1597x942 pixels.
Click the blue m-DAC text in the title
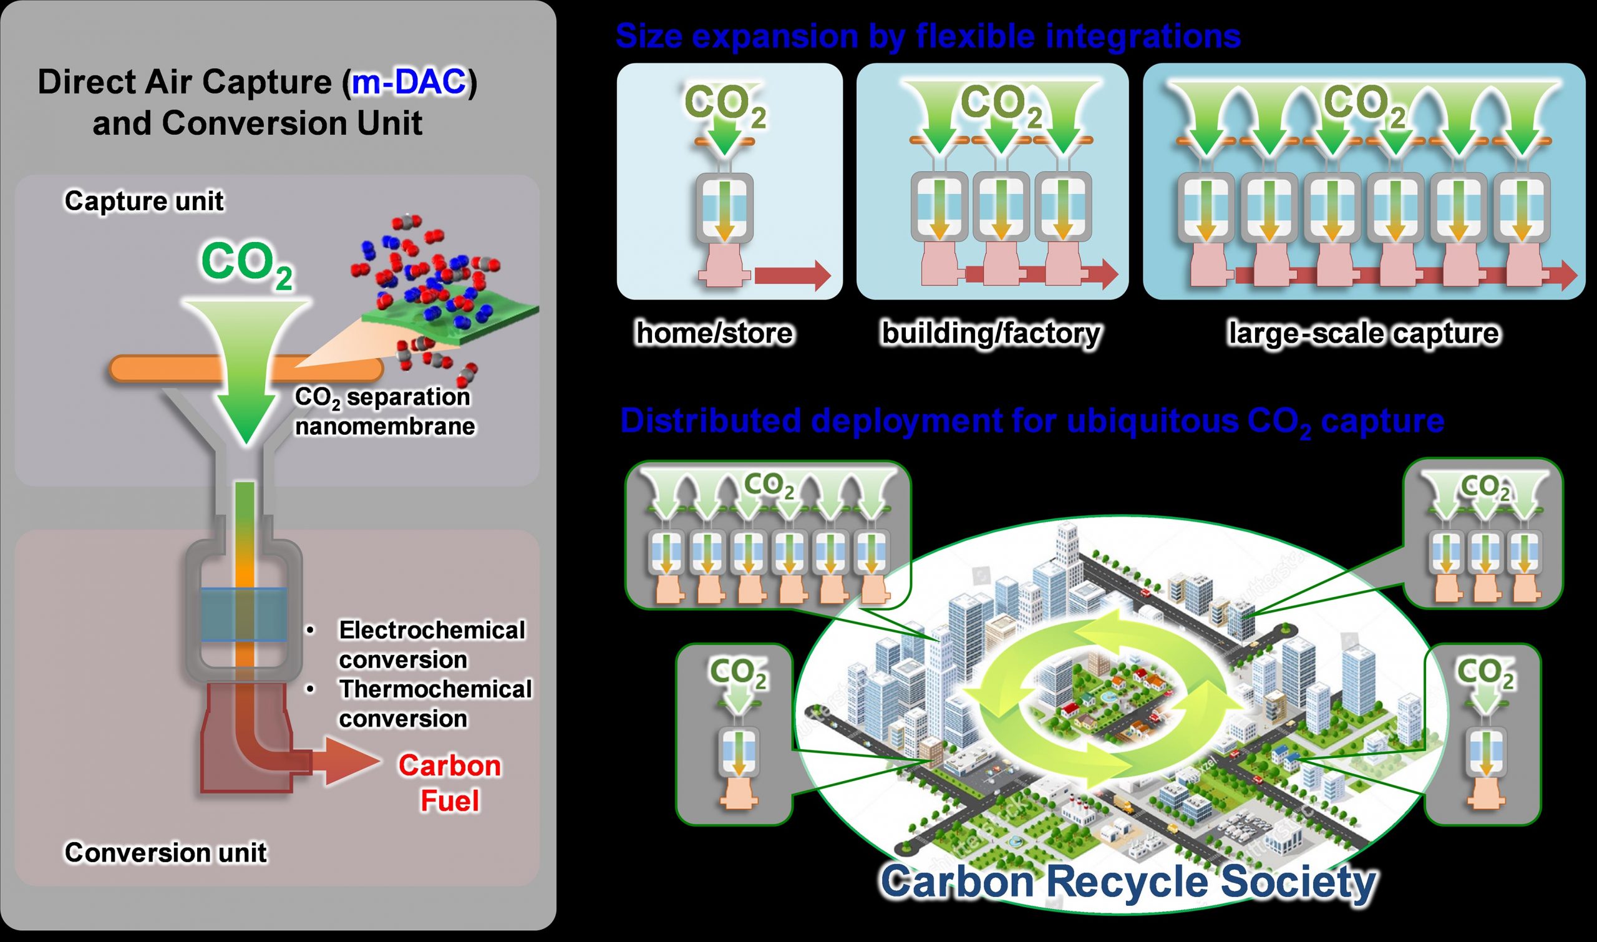pyautogui.click(x=409, y=82)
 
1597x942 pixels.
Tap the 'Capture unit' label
pyautogui.click(x=144, y=202)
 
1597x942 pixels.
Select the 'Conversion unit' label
pyautogui.click(x=166, y=853)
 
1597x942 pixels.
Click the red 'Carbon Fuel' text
pyautogui.click(x=449, y=783)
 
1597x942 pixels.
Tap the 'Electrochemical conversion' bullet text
pyautogui.click(x=432, y=645)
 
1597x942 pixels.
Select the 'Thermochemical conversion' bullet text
pyautogui.click(x=435, y=704)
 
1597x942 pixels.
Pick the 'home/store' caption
pyautogui.click(x=715, y=333)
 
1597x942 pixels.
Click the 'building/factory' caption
pyautogui.click(x=991, y=333)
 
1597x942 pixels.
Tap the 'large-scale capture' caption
pyautogui.click(x=1364, y=333)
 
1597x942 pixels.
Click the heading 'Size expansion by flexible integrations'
pyautogui.click(x=928, y=36)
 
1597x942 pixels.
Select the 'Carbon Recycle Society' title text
pyautogui.click(x=1128, y=881)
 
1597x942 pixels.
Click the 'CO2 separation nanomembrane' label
pyautogui.click(x=384, y=411)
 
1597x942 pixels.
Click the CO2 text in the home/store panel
pyautogui.click(x=726, y=105)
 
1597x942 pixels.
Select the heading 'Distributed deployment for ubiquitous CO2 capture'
pyautogui.click(x=1032, y=422)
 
